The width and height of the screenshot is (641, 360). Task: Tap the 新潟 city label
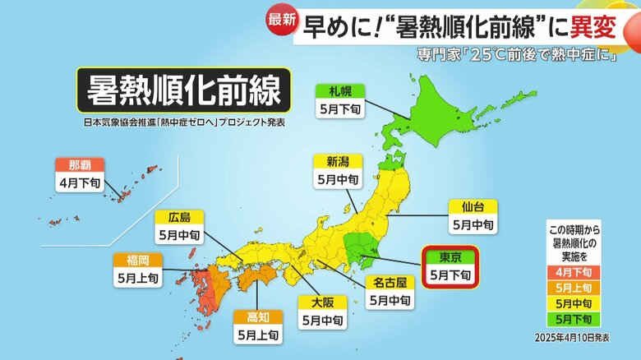(338, 160)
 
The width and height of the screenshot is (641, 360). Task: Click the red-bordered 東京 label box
(449, 267)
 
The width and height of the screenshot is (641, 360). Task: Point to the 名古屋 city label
(390, 282)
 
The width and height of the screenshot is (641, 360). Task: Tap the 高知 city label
(257, 316)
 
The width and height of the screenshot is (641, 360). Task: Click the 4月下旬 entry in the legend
(578, 272)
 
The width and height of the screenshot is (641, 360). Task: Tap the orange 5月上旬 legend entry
(578, 288)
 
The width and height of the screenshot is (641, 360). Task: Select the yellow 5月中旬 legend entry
(578, 303)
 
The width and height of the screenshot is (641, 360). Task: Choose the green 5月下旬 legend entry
(578, 319)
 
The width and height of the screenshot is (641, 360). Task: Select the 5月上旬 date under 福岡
(138, 279)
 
